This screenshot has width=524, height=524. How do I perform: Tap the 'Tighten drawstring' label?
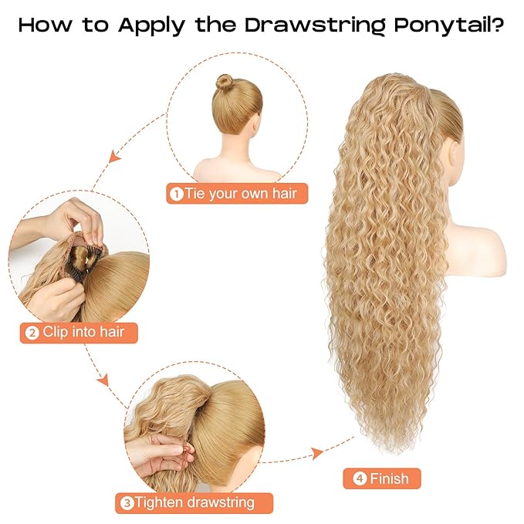pyautogui.click(x=194, y=502)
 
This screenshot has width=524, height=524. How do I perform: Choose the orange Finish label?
pyautogui.click(x=382, y=478)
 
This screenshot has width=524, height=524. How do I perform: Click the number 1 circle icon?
pyautogui.click(x=177, y=193)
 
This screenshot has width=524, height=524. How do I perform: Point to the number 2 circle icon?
pyautogui.click(x=32, y=333)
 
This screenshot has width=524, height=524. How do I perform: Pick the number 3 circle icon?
pyautogui.click(x=127, y=503)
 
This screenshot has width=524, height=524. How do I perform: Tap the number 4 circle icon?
pyautogui.click(x=359, y=478)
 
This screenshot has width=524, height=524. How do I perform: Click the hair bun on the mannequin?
pyautogui.click(x=225, y=82)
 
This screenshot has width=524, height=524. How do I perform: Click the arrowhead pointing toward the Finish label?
pyautogui.click(x=316, y=452)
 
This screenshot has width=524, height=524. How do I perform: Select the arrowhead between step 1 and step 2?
pyautogui.click(x=114, y=157)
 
